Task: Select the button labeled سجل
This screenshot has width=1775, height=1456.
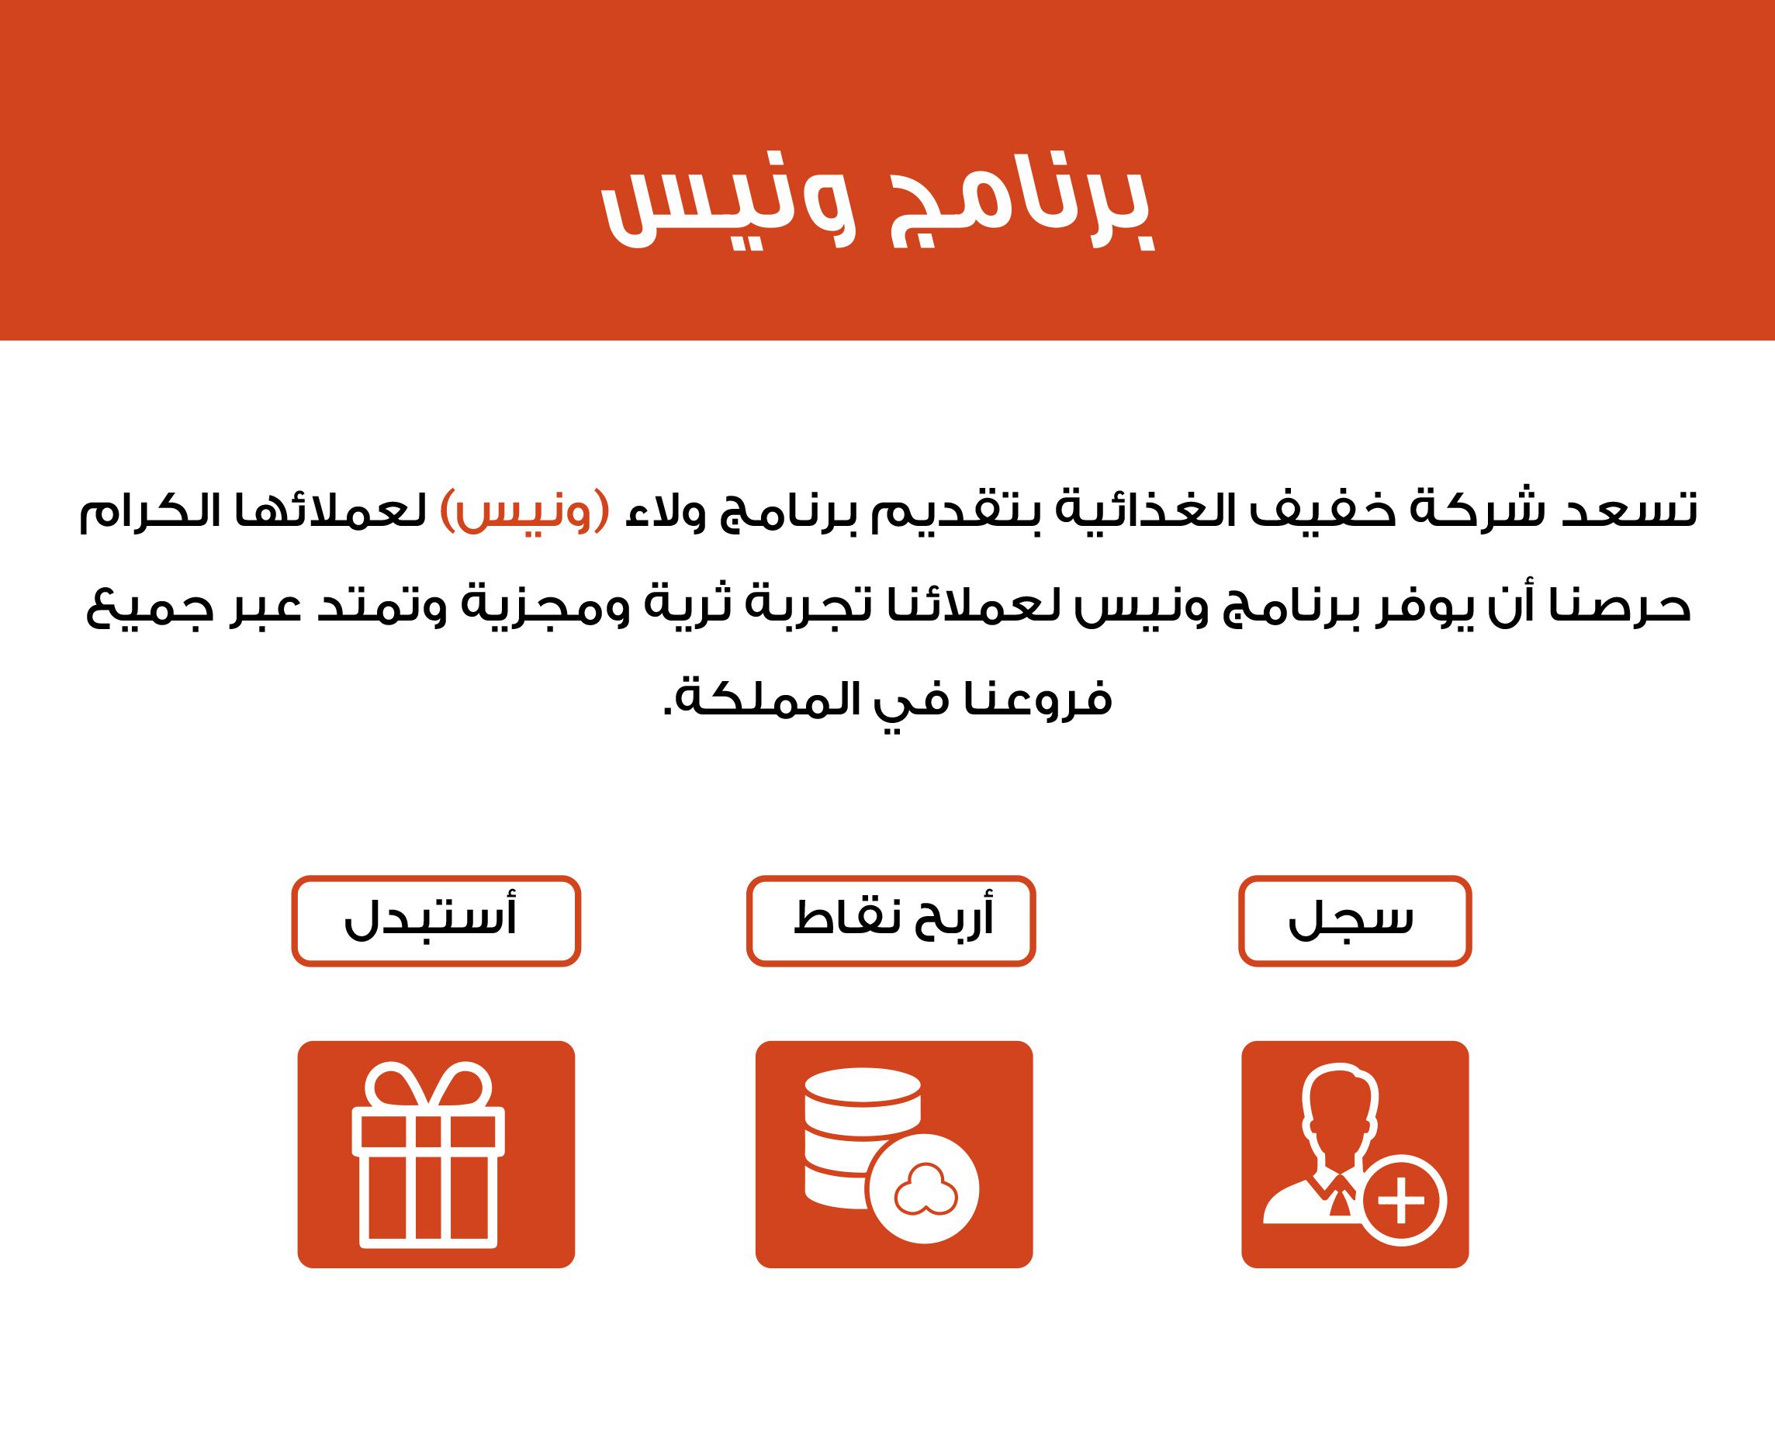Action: tap(1355, 920)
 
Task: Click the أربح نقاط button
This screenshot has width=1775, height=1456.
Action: tap(891, 920)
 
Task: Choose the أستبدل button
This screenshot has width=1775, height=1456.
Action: tap(436, 920)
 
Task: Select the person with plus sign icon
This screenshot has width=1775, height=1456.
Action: tap(1355, 1154)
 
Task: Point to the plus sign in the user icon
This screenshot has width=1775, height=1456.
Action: tap(1401, 1199)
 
